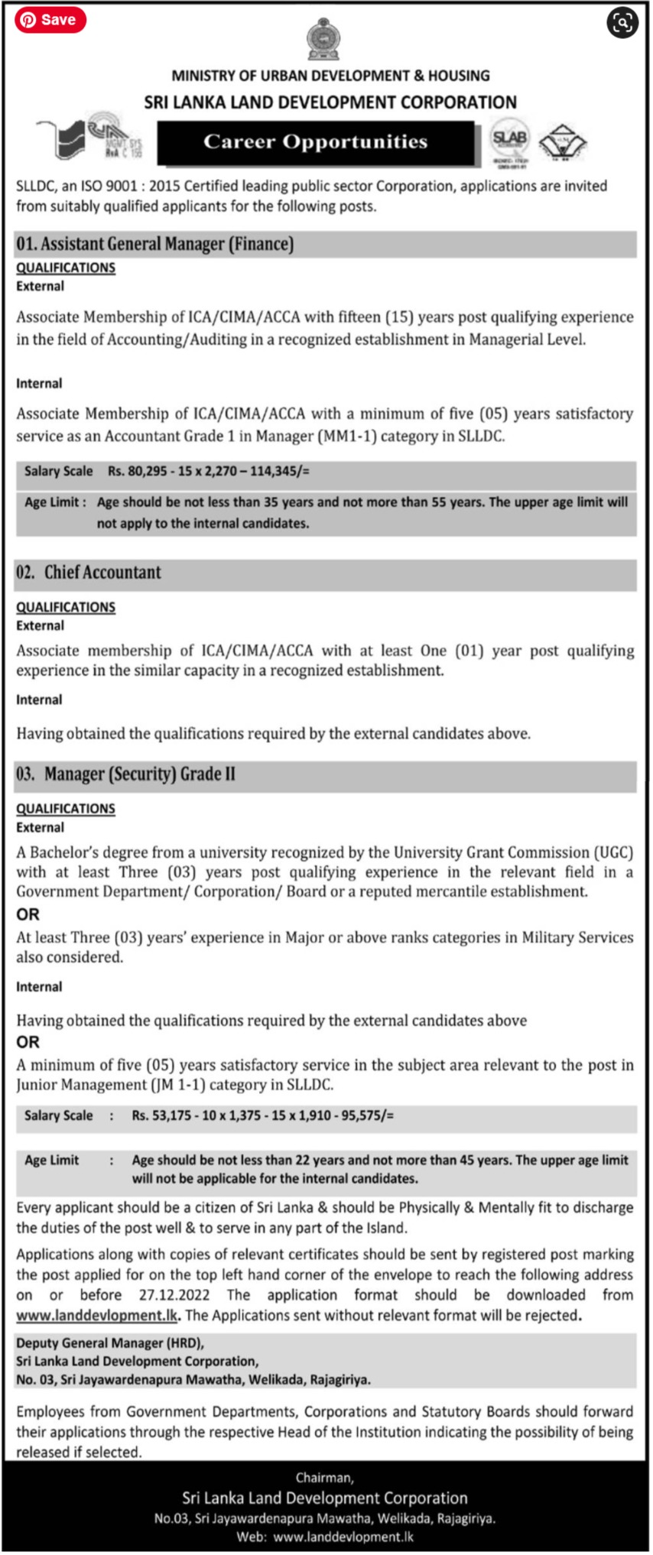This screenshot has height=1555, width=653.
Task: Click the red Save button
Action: click(50, 20)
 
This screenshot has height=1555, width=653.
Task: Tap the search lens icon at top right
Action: click(622, 23)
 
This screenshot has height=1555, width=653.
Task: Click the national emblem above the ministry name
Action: click(323, 41)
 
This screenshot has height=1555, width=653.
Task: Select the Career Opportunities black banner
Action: click(315, 142)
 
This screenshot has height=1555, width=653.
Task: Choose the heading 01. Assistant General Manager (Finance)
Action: click(155, 244)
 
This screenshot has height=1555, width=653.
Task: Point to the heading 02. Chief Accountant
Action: click(89, 573)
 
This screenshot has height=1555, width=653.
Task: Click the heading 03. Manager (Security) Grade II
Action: click(125, 774)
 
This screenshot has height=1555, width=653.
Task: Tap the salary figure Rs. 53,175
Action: click(161, 1115)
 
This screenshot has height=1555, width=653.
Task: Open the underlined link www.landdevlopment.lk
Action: click(97, 1315)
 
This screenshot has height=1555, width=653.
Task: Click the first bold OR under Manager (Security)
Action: click(28, 914)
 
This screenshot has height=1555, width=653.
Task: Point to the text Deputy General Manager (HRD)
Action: click(110, 1343)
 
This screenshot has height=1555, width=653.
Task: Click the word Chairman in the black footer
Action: click(324, 1478)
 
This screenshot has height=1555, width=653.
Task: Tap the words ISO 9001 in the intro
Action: click(110, 186)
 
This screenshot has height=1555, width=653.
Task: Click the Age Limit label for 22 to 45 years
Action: click(51, 1160)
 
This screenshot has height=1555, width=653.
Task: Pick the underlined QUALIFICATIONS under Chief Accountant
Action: click(66, 607)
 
